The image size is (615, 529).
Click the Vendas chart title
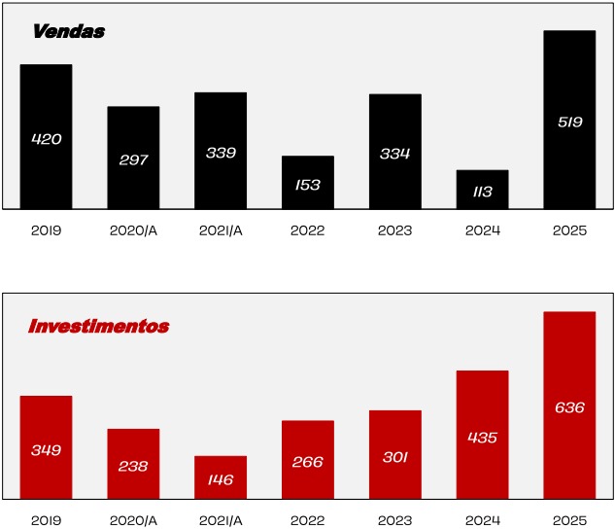click(68, 32)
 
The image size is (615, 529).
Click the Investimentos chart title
click(98, 327)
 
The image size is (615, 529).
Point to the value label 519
click(569, 123)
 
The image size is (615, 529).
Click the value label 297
click(133, 160)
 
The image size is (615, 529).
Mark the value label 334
click(395, 154)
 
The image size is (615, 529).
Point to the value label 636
click(569, 407)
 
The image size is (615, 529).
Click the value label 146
click(221, 479)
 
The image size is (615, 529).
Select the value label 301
click(395, 457)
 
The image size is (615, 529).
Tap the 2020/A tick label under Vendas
click(133, 231)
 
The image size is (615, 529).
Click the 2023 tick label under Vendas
click(395, 231)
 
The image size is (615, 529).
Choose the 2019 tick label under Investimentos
click(46, 521)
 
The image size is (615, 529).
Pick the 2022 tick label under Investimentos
click(308, 521)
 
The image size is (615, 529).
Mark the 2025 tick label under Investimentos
click(569, 521)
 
